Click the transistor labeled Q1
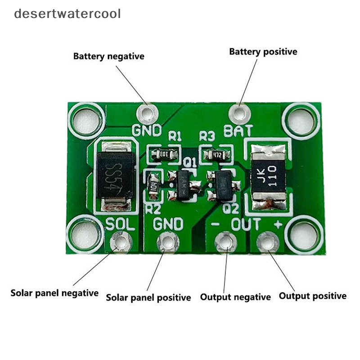pyautogui.click(x=184, y=184)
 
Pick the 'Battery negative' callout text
pyautogui.click(x=109, y=57)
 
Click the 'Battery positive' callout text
pyautogui.click(x=263, y=52)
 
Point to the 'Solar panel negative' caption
pyautogui.click(x=54, y=293)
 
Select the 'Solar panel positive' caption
pyautogui.click(x=148, y=297)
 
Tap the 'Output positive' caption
pyautogui.click(x=313, y=296)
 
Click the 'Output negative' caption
pyautogui.click(x=235, y=297)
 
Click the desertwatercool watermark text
pyautogui.click(x=67, y=13)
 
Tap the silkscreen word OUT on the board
pyautogui.click(x=245, y=224)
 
